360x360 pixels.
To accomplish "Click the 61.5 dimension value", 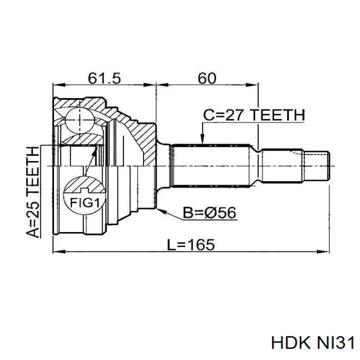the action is pyautogui.click(x=104, y=78).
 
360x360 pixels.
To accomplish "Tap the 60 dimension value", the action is pyautogui.click(x=207, y=78).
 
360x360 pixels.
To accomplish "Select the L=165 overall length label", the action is pyautogui.click(x=191, y=244).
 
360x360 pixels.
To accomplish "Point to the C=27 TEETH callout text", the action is pyautogui.click(x=254, y=115).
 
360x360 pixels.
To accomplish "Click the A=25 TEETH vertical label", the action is pyautogui.click(x=32, y=192).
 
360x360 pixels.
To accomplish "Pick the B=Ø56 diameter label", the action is pyautogui.click(x=209, y=212).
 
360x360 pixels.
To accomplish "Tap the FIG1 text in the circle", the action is pyautogui.click(x=84, y=202).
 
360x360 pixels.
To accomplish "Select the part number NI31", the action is pyautogui.click(x=334, y=343).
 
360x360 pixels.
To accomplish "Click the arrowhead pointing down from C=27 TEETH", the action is pyautogui.click(x=202, y=139).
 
